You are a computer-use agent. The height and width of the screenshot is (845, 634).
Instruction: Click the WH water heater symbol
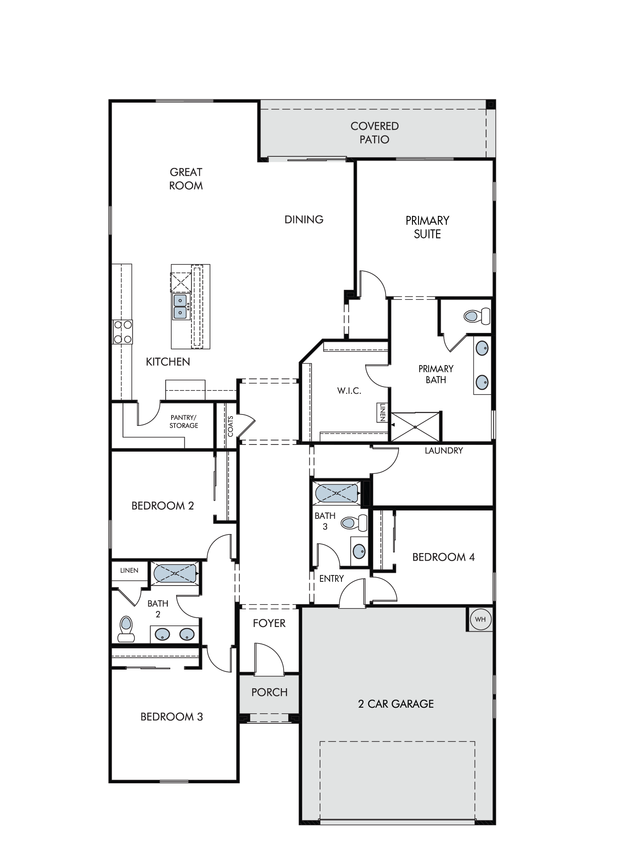tap(480, 619)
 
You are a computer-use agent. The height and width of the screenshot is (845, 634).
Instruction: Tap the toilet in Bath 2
tap(126, 629)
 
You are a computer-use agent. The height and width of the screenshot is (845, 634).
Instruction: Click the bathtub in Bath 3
tap(337, 493)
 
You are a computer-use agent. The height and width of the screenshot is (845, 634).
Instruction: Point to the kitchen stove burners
tap(122, 332)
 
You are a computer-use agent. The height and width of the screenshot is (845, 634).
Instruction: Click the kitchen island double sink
tap(180, 306)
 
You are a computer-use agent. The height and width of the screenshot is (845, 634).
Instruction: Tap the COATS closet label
tap(230, 426)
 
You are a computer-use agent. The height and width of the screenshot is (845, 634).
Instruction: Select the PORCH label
tap(269, 692)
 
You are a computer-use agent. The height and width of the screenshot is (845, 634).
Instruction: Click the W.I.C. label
tap(349, 391)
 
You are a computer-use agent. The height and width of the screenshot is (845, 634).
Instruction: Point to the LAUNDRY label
tap(444, 450)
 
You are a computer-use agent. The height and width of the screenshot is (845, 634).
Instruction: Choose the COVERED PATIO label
tap(374, 133)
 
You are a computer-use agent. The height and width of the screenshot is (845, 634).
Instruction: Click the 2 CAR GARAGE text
tap(396, 703)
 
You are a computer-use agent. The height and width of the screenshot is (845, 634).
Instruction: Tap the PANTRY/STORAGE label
tap(184, 422)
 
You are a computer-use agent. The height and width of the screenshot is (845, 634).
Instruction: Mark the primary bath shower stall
tap(415, 427)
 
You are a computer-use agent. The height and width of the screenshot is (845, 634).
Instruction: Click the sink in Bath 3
tap(359, 551)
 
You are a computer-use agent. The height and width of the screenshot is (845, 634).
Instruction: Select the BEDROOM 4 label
tap(443, 557)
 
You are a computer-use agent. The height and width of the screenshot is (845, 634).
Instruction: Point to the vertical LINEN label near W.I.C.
tap(382, 412)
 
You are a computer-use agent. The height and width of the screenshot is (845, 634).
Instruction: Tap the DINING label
tap(304, 219)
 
